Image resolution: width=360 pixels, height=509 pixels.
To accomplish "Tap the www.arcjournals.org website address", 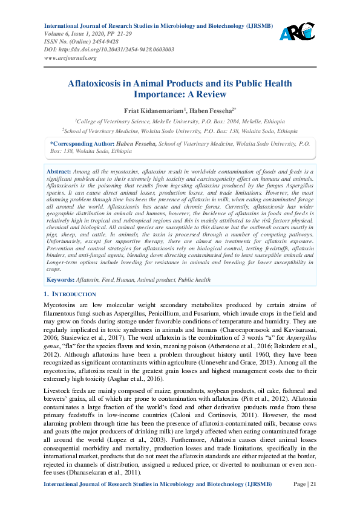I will tap(70, 58).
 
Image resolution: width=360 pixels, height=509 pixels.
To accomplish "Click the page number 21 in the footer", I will tap(313, 485).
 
